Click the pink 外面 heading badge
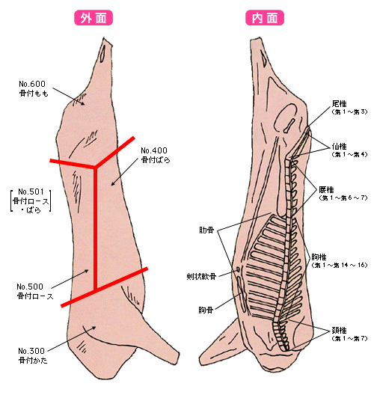click(x=93, y=18)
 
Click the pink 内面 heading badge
click(x=265, y=18)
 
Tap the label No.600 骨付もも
click(x=33, y=88)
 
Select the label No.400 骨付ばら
click(x=155, y=155)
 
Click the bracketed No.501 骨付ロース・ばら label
click(x=31, y=201)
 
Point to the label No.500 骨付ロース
click(x=35, y=291)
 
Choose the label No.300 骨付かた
click(x=32, y=355)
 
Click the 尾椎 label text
click(x=339, y=104)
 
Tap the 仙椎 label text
click(x=339, y=147)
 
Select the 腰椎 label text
click(x=326, y=190)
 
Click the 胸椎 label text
click(x=319, y=257)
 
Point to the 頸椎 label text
click(x=339, y=331)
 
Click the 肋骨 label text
click(x=206, y=230)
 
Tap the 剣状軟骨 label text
click(x=201, y=276)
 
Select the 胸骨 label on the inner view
click(x=206, y=310)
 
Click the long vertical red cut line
click(x=95, y=228)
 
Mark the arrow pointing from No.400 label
click(x=125, y=172)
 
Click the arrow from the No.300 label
click(x=72, y=339)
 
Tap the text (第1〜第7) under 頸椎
click(x=349, y=338)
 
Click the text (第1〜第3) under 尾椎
click(x=349, y=112)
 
